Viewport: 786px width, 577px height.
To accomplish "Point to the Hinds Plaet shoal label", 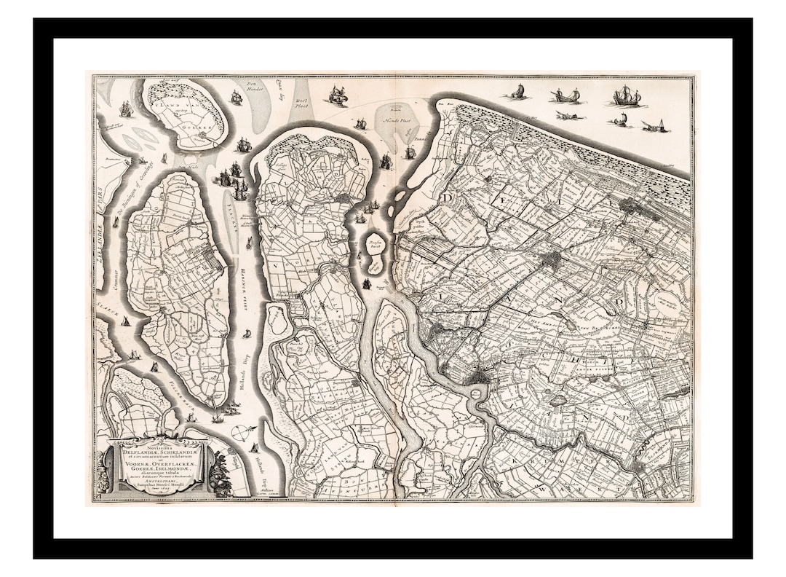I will pos(397,118).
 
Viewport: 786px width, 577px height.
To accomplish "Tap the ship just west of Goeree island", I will pos(126,109).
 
